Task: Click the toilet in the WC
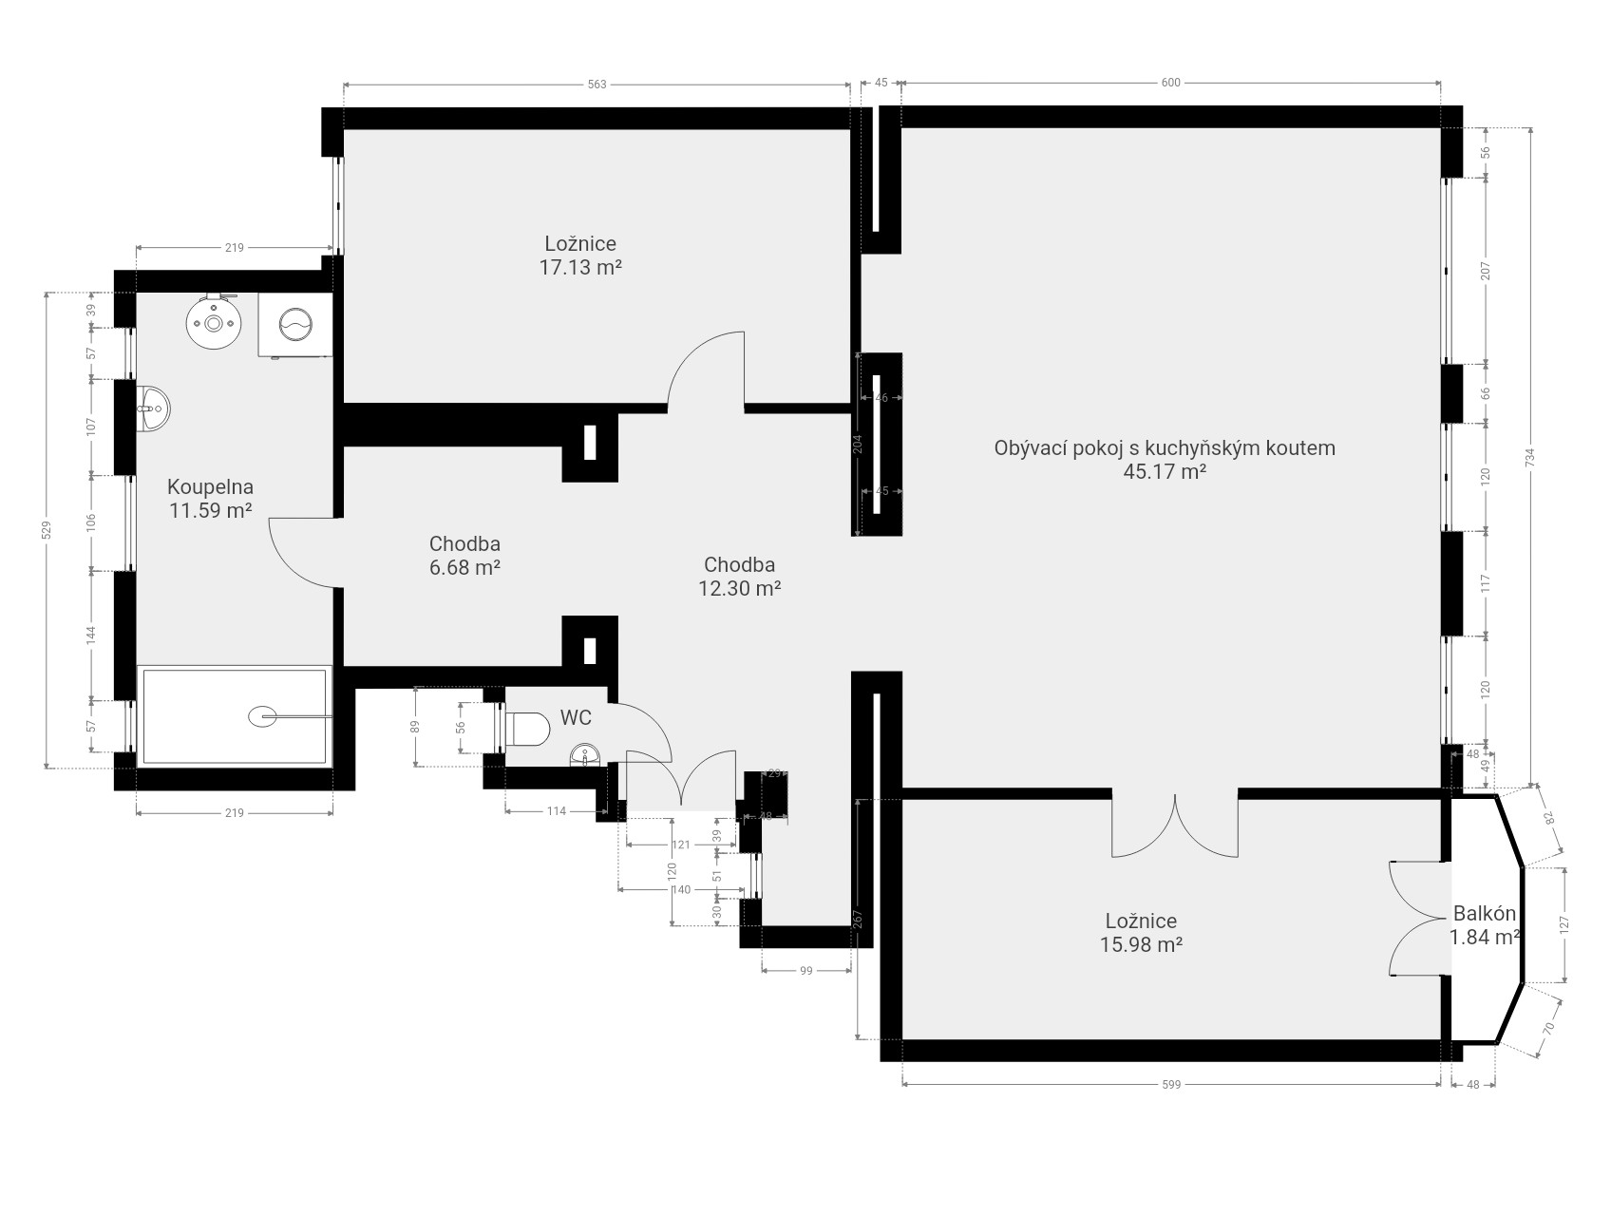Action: click(528, 730)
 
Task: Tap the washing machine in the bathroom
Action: click(294, 324)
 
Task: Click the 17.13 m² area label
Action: click(580, 268)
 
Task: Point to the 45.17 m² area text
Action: click(1165, 472)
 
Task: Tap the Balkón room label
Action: click(1485, 914)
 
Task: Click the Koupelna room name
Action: click(210, 487)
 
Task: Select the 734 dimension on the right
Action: click(1529, 458)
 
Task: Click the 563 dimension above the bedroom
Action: click(597, 85)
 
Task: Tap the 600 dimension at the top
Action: click(1170, 83)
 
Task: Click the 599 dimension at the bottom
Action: click(1170, 1084)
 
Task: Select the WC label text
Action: click(576, 718)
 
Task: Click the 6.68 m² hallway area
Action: click(464, 568)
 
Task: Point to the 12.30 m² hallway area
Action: click(740, 589)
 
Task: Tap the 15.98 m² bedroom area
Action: click(1141, 945)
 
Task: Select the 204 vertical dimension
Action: click(858, 445)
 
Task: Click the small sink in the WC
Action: click(584, 756)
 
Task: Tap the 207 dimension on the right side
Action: click(1486, 271)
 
